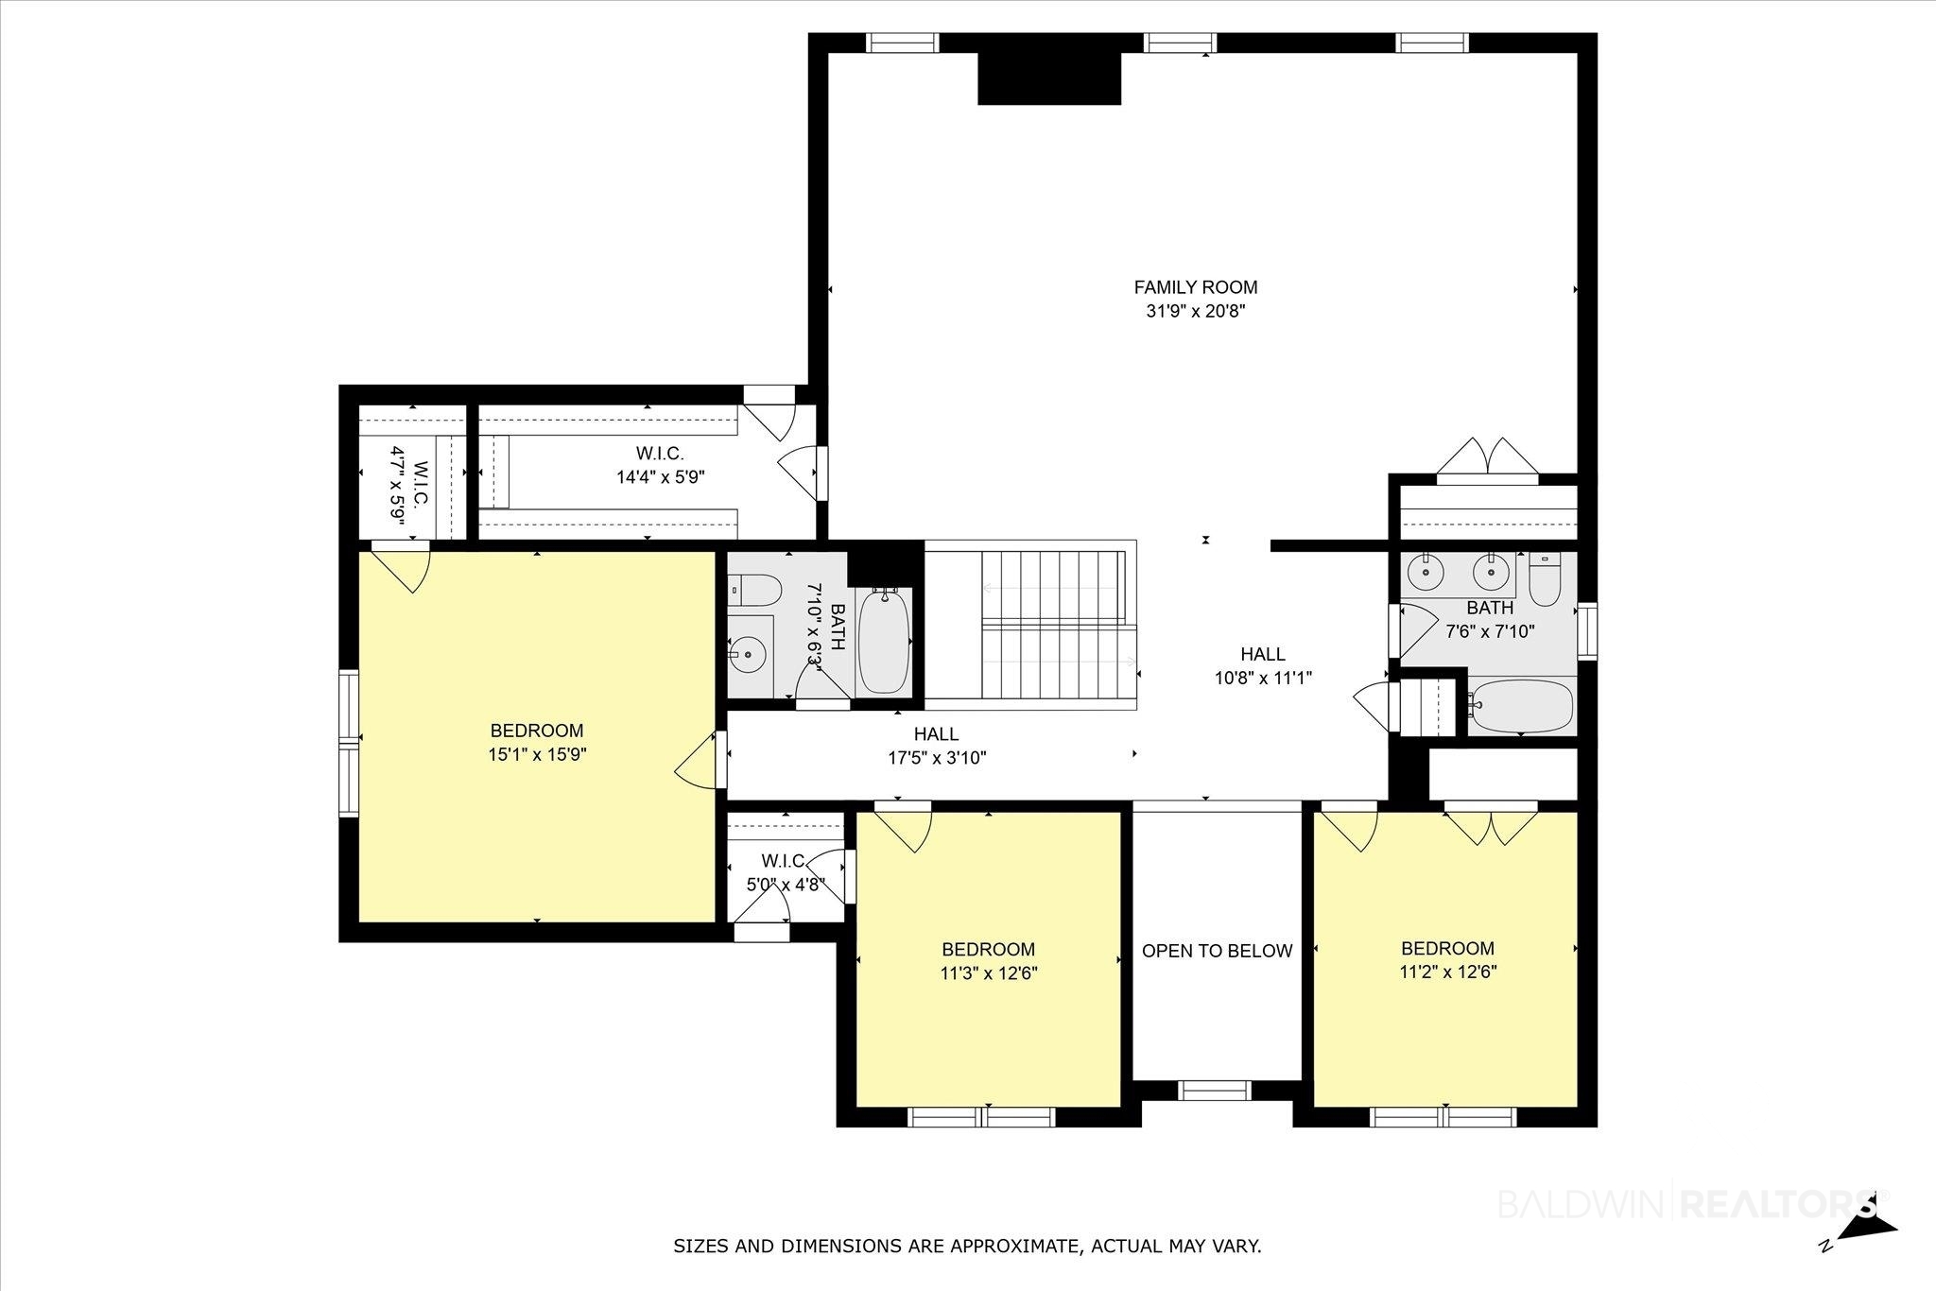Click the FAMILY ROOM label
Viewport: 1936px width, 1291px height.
(1196, 287)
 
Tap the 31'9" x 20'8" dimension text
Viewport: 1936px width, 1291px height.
(1196, 311)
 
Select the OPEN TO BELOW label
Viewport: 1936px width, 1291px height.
(1217, 951)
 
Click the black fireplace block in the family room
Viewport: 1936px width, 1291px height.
(1048, 78)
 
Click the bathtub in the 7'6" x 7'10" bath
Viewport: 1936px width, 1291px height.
(1522, 706)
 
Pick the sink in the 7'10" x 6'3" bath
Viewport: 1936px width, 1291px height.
(750, 653)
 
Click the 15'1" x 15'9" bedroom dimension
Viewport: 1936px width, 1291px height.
(536, 754)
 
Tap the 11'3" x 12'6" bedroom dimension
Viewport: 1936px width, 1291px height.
(989, 973)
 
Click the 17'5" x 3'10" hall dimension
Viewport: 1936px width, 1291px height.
(936, 757)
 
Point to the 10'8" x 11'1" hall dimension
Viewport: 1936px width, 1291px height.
(1263, 677)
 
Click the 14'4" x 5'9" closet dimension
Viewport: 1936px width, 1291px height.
(661, 477)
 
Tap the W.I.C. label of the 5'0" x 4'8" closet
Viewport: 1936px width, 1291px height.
(784, 861)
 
